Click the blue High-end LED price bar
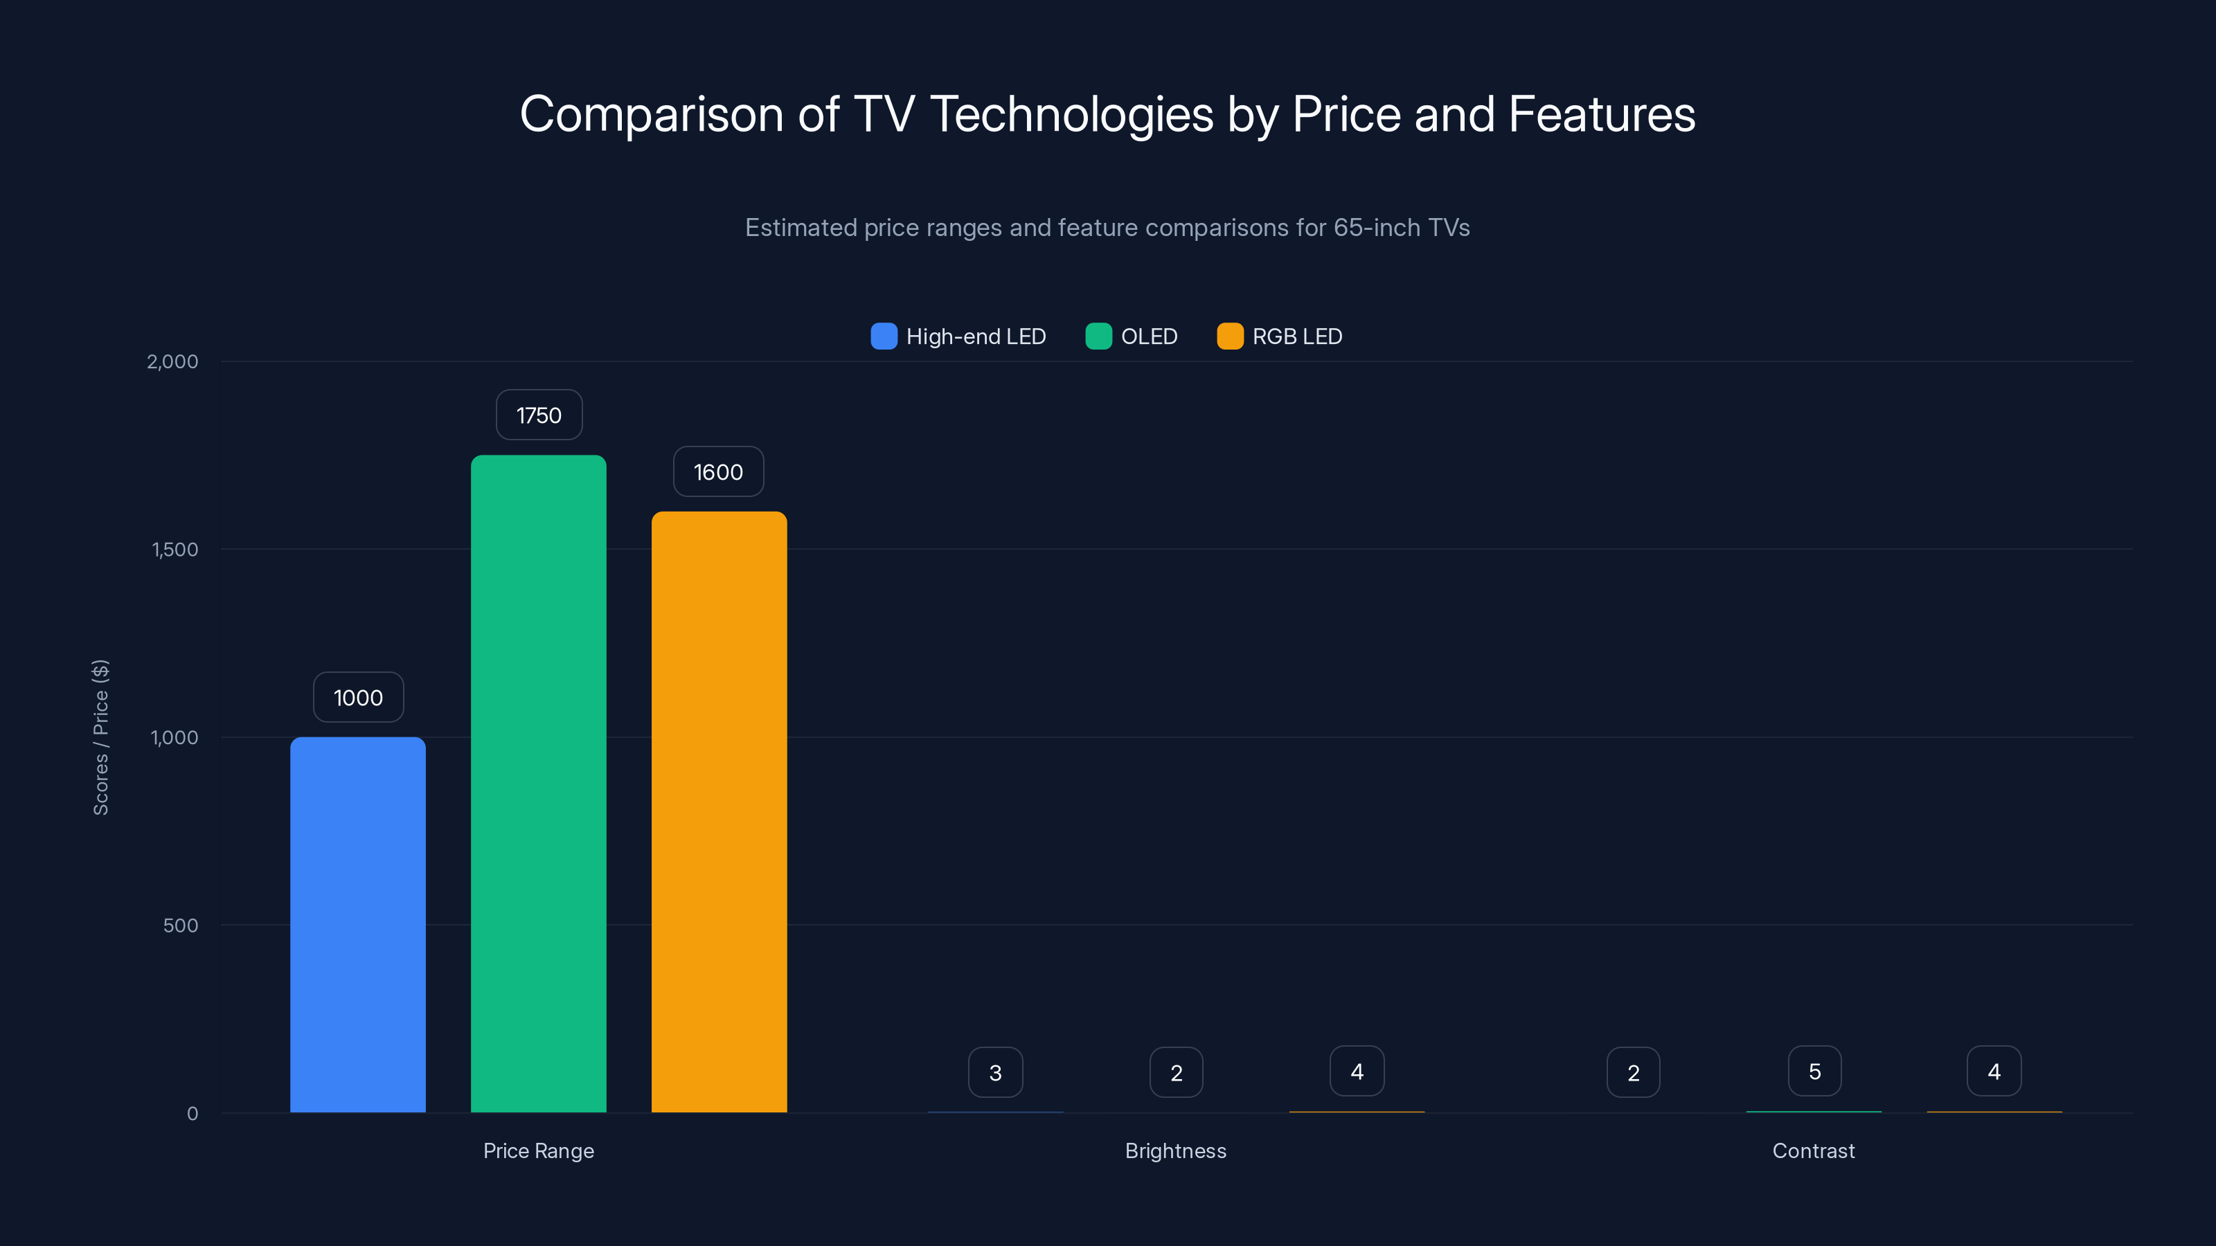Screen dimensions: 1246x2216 358,924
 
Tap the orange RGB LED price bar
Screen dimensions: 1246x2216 720,812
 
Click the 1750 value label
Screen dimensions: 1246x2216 539,415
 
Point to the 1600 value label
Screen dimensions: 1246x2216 718,472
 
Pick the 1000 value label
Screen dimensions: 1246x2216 358,697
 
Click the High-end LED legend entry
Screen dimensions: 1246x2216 959,336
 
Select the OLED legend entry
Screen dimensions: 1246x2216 1132,336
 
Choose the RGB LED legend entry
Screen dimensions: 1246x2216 1280,336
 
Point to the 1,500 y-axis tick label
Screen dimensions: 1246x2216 175,550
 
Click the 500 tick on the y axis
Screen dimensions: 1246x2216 181,926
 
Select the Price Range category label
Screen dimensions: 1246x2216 539,1150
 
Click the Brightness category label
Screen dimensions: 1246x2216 1176,1150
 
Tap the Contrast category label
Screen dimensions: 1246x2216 1814,1150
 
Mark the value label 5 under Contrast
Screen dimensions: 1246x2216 1814,1072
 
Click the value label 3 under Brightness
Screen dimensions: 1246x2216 995,1072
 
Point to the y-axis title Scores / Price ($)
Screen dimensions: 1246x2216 100,737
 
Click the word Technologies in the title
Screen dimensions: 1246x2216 1071,114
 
